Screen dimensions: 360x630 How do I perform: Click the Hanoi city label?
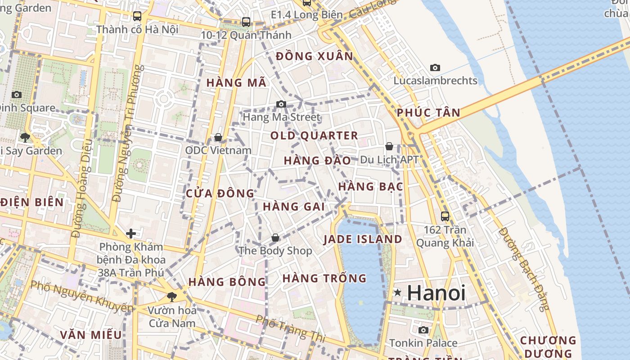tap(436, 292)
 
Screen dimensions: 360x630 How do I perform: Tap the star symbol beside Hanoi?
tap(397, 292)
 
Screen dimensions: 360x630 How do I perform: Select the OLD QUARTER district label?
tap(314, 135)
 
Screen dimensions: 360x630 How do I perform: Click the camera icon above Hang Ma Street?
tap(281, 104)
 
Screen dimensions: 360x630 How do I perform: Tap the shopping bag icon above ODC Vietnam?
tap(218, 137)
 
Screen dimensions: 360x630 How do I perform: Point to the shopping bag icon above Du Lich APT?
tap(389, 146)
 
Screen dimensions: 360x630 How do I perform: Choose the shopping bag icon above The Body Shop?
tap(275, 237)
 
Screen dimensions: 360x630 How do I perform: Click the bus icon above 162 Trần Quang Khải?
tap(445, 216)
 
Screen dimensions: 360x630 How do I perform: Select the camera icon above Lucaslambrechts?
tap(435, 67)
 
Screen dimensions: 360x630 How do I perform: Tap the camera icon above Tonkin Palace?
tap(423, 330)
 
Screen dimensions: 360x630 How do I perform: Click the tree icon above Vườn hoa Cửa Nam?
tap(171, 296)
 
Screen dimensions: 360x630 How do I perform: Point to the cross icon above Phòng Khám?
tap(131, 233)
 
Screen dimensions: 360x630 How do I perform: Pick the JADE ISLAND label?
tap(363, 239)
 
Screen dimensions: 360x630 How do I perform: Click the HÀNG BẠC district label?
tap(370, 186)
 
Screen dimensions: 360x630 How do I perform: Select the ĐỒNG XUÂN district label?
tap(315, 56)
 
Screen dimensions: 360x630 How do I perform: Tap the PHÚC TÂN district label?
tap(428, 112)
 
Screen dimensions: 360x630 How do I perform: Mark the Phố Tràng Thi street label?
tap(290, 328)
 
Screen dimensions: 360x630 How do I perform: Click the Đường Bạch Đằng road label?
tap(524, 269)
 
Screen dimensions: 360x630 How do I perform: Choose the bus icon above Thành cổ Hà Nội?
tap(137, 16)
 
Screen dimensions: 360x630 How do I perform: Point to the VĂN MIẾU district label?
tap(91, 335)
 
